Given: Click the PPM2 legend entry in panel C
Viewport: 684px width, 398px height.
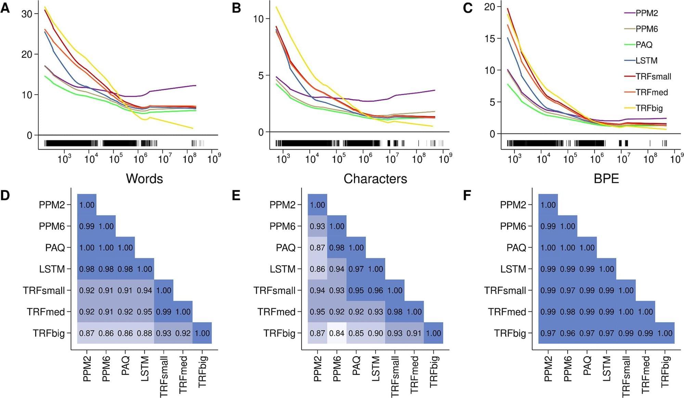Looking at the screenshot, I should point(646,13).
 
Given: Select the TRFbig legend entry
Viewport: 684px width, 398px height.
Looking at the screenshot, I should point(649,108).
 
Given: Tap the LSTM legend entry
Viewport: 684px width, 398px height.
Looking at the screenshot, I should point(646,60).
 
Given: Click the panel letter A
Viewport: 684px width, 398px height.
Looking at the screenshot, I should point(5,8).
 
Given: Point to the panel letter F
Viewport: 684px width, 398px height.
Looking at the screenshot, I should point(467,195).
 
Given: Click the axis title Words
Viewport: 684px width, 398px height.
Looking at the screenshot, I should point(144,179).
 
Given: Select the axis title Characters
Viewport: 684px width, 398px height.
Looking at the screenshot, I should point(375,179).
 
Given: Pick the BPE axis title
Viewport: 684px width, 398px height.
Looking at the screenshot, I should point(606,179).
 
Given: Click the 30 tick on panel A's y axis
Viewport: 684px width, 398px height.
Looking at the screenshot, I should point(27,14).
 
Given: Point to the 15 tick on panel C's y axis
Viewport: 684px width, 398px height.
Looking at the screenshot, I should point(489,39).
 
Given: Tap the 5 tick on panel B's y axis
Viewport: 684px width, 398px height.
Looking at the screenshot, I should point(261,76).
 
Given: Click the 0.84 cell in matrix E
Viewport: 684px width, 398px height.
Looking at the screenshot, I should point(337,333).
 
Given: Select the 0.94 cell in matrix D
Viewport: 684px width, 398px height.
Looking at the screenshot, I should point(144,290).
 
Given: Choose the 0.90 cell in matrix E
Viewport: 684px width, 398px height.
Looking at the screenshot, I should point(376,333).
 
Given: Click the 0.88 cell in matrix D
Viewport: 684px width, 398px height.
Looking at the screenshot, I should point(144,333).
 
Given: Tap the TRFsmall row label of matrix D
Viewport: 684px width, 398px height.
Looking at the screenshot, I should point(44,290).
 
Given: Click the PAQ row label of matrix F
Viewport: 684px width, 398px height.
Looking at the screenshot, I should point(516,248).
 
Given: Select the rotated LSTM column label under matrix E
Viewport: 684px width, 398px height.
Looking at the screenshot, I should point(376,368).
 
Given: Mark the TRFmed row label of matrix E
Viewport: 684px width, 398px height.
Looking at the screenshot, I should point(276,312).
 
